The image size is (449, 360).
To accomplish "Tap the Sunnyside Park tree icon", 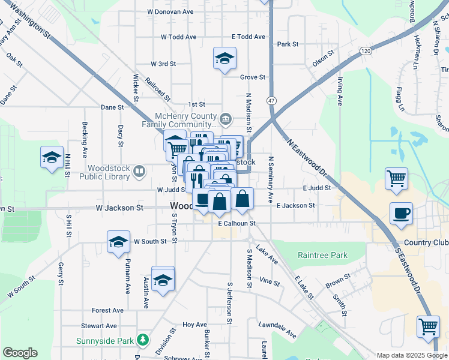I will point(142,340).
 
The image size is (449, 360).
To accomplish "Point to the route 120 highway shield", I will point(366,52).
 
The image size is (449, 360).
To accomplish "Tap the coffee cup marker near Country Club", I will point(401,214).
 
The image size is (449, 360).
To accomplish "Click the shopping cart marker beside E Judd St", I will point(396,178).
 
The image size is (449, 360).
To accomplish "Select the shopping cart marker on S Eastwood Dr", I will point(428,327).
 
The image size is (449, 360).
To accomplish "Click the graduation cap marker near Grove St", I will point(224,58).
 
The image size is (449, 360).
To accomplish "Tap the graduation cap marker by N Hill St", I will point(52,158).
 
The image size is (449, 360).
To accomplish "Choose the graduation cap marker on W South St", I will point(118,242).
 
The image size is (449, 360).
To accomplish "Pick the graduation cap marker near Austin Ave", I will point(163,280).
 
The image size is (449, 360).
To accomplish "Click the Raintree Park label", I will point(322,255).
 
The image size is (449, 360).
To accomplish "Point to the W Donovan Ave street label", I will point(170,11).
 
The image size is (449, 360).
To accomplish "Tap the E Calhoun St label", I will point(237,223).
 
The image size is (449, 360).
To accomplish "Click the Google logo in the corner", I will point(20,353).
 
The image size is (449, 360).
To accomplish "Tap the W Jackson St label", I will point(119,208).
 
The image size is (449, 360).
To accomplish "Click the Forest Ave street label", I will point(107,310).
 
